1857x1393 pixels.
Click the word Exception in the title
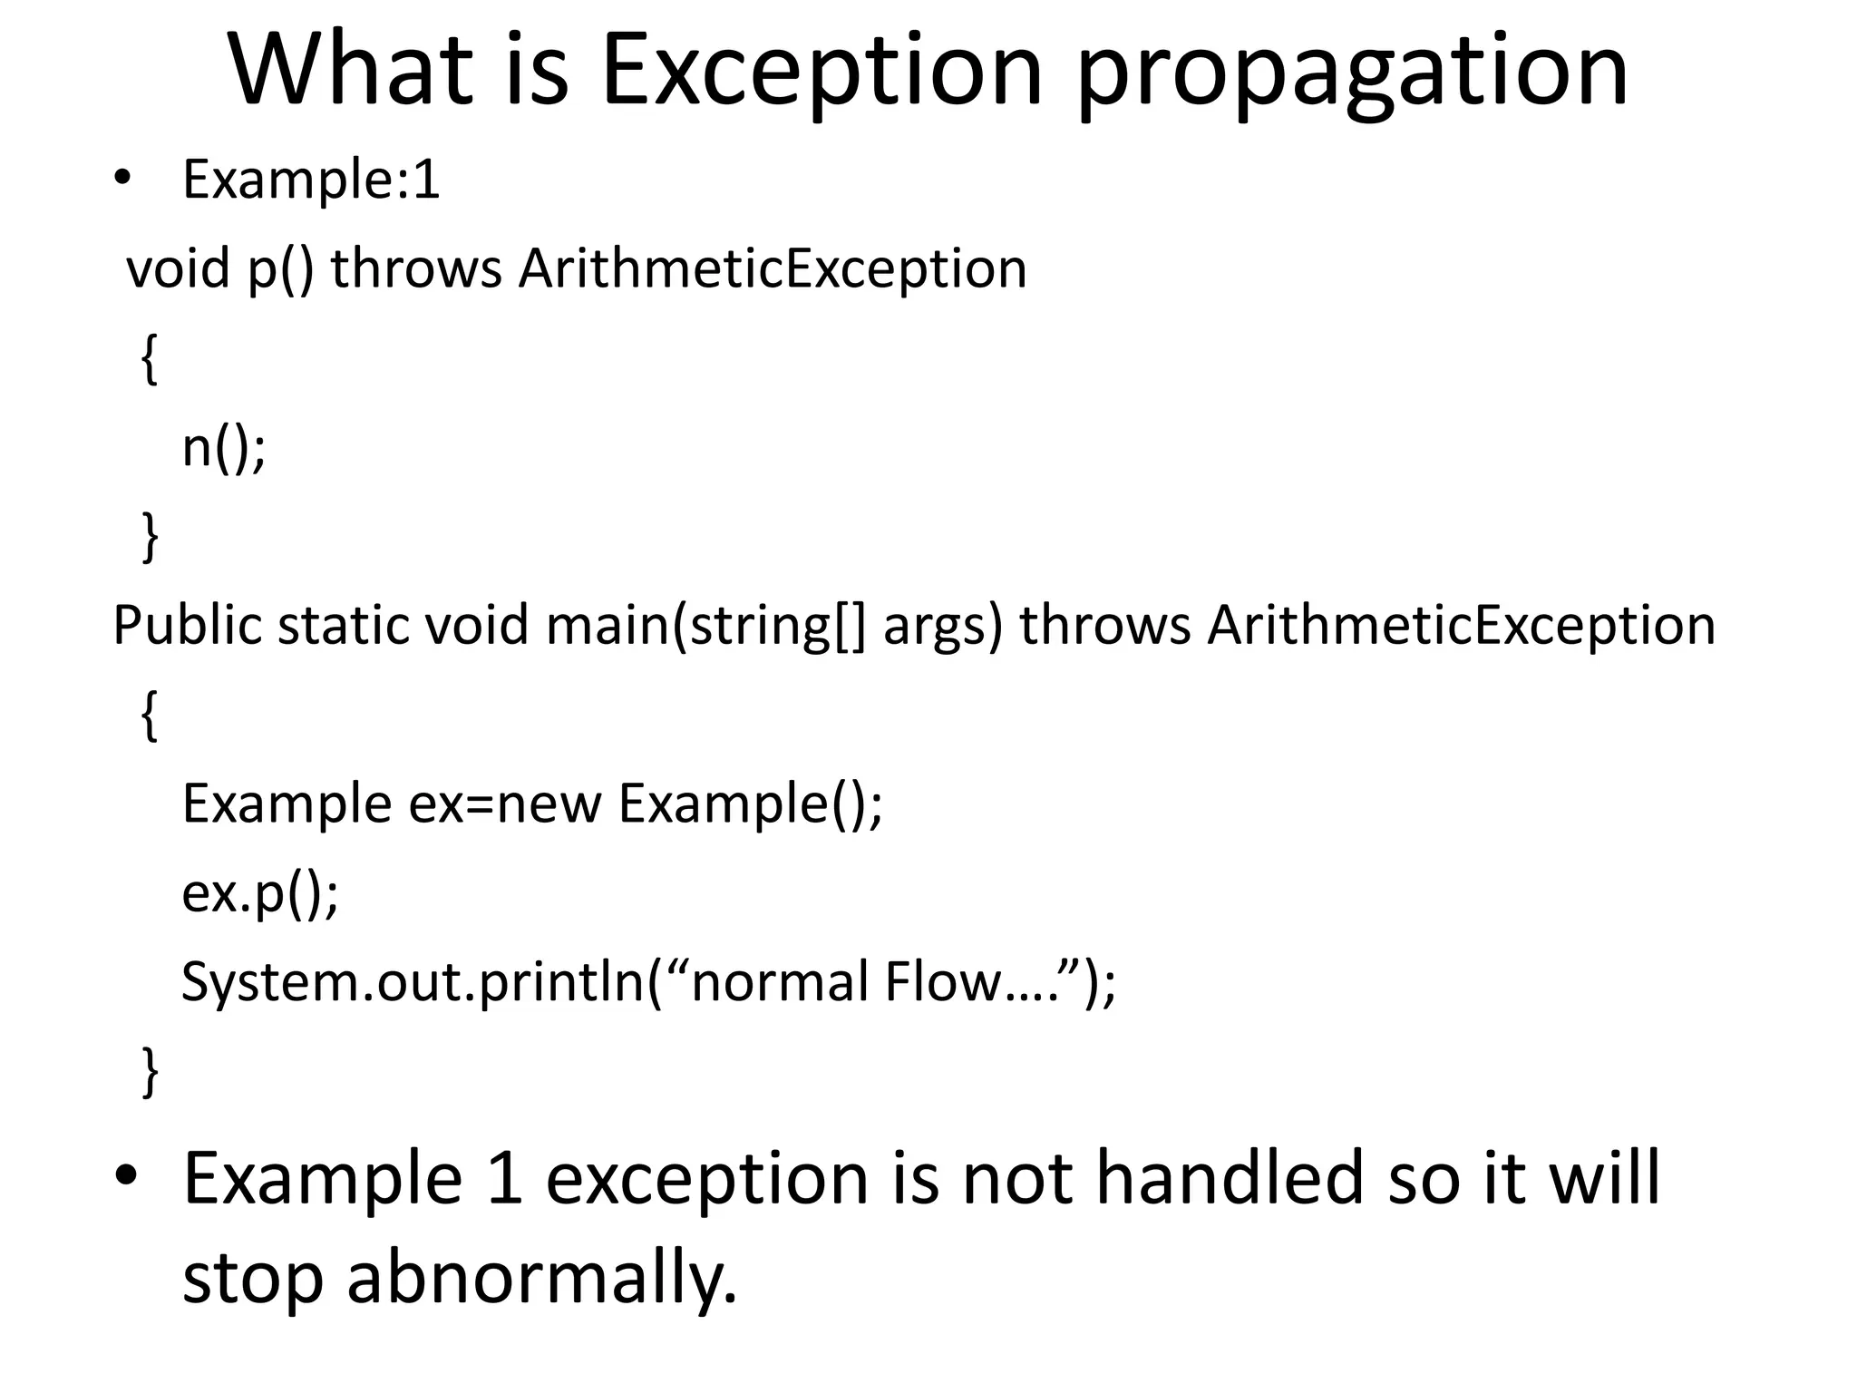pos(821,71)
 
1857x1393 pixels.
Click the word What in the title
pos(352,71)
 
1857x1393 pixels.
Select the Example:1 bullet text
pos(311,180)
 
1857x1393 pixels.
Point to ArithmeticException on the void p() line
pos(773,269)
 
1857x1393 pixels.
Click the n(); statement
pos(224,448)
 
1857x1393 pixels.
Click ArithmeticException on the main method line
pos(1461,627)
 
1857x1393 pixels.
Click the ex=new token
pos(505,804)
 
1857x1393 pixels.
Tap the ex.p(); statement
pos(259,894)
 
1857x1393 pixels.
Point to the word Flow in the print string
pos(943,983)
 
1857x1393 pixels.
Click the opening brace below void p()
pos(151,359)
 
